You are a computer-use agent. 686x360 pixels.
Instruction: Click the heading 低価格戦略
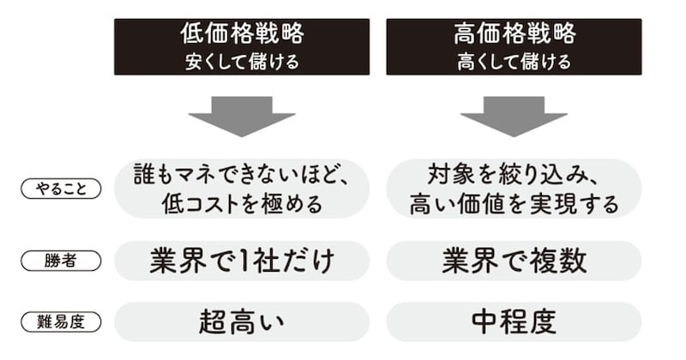click(241, 35)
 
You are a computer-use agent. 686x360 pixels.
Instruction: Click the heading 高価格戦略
click(514, 35)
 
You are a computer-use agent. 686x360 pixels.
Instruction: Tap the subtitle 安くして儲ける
click(241, 62)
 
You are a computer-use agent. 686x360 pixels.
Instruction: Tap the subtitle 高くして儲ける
click(514, 62)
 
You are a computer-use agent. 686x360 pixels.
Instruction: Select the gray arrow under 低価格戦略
click(242, 116)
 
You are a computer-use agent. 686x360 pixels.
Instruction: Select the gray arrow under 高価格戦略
click(514, 116)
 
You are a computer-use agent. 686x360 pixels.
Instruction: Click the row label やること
click(60, 189)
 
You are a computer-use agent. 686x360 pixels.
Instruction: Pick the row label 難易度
click(60, 321)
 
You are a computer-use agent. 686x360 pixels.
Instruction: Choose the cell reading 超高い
click(241, 321)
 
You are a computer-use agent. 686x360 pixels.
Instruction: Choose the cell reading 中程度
click(514, 321)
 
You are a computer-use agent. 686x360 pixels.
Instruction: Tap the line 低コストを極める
click(241, 204)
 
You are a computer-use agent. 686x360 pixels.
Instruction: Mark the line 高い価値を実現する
click(514, 204)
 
